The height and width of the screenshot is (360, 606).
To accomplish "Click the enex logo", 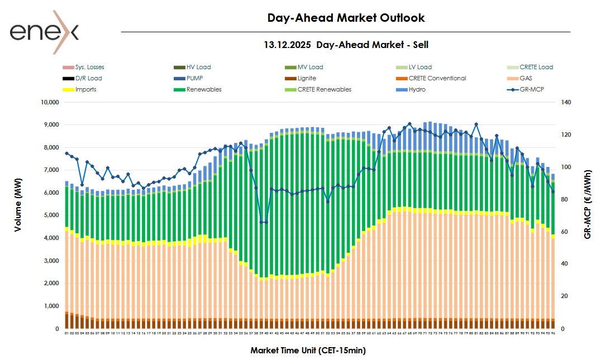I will point(44,32).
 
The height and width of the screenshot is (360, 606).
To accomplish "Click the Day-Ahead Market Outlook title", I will point(346,18).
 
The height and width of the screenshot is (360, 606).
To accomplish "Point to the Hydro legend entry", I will point(417,89).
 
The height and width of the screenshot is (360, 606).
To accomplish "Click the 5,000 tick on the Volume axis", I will point(51,215).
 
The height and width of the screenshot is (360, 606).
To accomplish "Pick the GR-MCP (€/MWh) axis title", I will point(588,204).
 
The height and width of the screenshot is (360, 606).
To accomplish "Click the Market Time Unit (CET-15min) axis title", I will point(308,351).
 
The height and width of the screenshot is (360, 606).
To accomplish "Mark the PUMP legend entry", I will point(195,78).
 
